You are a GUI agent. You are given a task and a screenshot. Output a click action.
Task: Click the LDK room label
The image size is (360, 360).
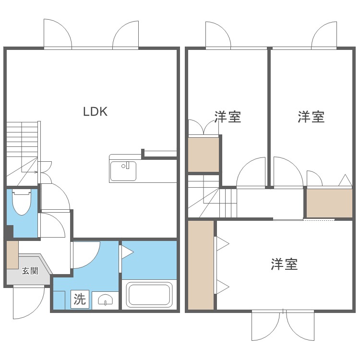click(x=95, y=112)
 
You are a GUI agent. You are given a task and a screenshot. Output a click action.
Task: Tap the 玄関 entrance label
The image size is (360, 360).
click(x=30, y=271)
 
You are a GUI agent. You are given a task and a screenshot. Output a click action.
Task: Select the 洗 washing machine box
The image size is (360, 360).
click(x=80, y=300)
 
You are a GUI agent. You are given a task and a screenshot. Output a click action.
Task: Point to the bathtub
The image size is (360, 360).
click(x=149, y=294)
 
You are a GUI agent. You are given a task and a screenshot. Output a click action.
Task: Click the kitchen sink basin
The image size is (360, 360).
click(x=123, y=171)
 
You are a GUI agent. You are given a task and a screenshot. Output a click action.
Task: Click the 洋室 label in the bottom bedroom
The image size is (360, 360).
click(x=284, y=264)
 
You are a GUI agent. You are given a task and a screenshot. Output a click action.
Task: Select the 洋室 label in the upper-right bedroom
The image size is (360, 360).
click(x=311, y=117)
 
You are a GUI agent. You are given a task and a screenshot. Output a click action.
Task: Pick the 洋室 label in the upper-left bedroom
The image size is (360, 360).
click(x=228, y=117)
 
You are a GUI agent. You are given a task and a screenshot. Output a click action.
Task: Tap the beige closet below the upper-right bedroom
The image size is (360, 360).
click(x=329, y=203)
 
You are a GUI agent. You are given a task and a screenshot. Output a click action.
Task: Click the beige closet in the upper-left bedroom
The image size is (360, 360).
click(x=204, y=154)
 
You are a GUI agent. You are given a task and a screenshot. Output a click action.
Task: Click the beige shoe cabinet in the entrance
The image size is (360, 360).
click(x=12, y=254)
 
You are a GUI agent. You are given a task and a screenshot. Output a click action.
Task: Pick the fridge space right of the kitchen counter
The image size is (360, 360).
click(x=160, y=170)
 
